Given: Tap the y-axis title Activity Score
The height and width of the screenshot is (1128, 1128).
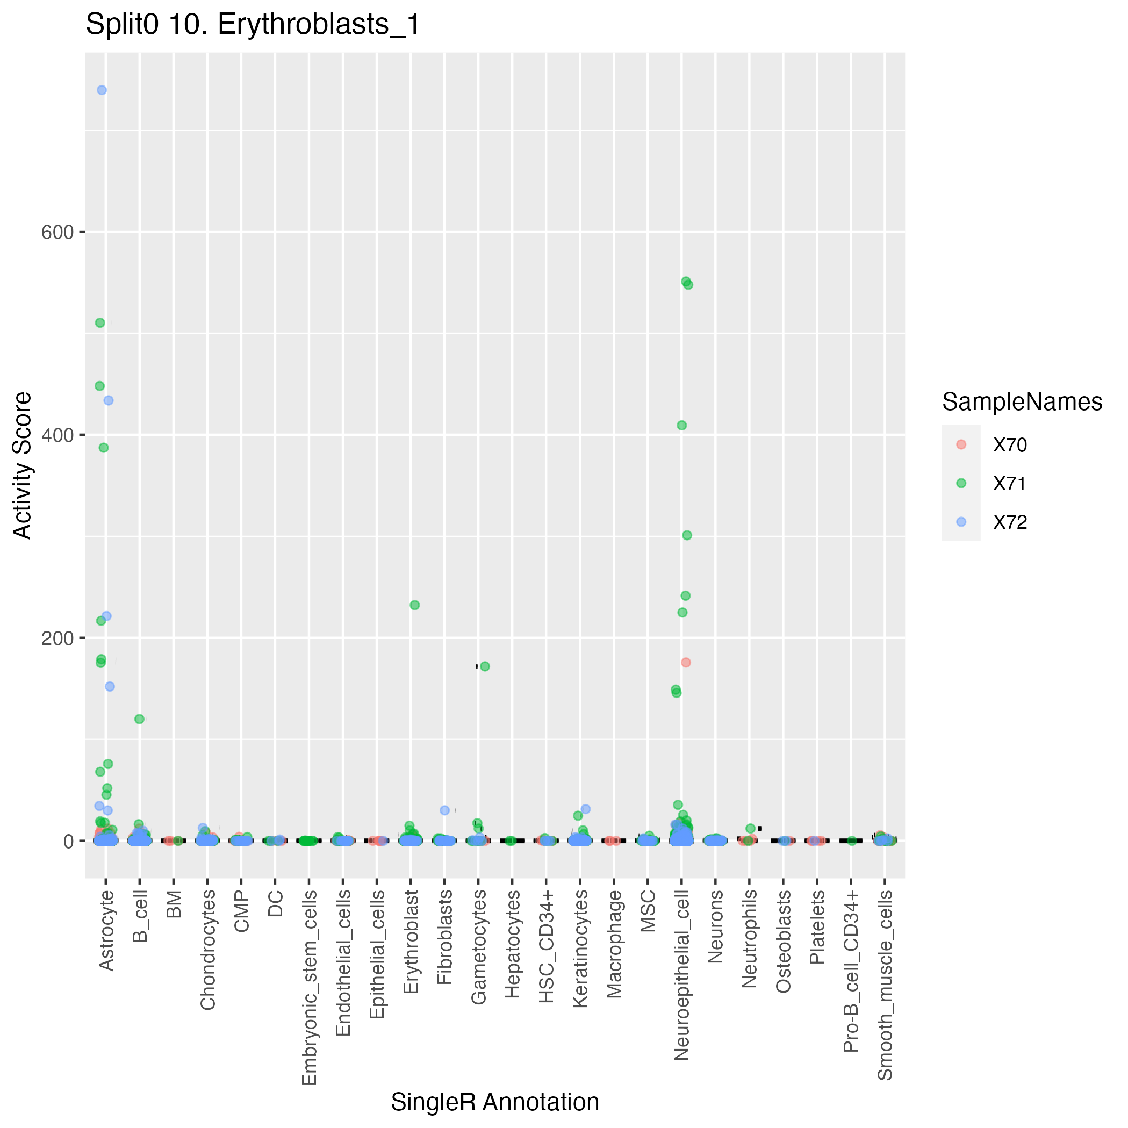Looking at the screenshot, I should (x=23, y=465).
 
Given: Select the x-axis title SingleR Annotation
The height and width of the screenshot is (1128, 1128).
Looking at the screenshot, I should (x=494, y=1102).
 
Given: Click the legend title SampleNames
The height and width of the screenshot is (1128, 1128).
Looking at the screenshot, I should (x=1022, y=403).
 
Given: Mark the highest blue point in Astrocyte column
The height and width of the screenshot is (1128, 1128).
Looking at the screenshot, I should (x=102, y=90).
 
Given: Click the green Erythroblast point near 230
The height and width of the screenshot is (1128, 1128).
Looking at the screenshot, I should (x=414, y=605).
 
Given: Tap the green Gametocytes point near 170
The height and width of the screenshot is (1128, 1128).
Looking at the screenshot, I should (x=485, y=666).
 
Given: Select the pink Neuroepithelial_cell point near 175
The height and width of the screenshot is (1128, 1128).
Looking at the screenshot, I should (x=686, y=662).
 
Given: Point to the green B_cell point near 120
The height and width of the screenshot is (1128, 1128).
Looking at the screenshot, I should (x=140, y=719).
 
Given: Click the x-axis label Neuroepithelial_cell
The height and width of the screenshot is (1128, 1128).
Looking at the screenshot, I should (x=681, y=973).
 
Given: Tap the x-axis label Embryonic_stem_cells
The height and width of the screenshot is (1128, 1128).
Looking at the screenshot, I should (x=310, y=987).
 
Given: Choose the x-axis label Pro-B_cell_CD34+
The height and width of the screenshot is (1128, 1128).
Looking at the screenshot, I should (x=851, y=971).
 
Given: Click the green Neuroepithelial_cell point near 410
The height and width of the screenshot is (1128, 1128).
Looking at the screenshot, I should (x=681, y=425).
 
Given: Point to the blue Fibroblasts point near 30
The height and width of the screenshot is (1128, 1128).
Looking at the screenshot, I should (x=444, y=810).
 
